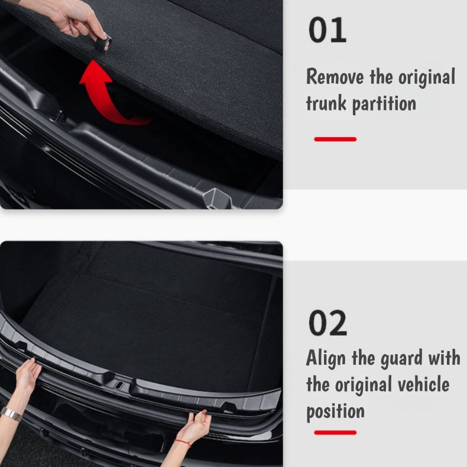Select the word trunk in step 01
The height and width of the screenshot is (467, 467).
click(326, 103)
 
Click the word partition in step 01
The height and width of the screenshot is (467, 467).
click(384, 105)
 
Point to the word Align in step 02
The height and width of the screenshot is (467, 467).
click(325, 358)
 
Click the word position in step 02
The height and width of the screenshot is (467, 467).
click(335, 411)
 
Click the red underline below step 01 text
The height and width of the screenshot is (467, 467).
click(335, 140)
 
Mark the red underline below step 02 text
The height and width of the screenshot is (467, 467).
click(335, 432)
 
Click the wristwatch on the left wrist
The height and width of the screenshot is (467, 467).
click(10, 413)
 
